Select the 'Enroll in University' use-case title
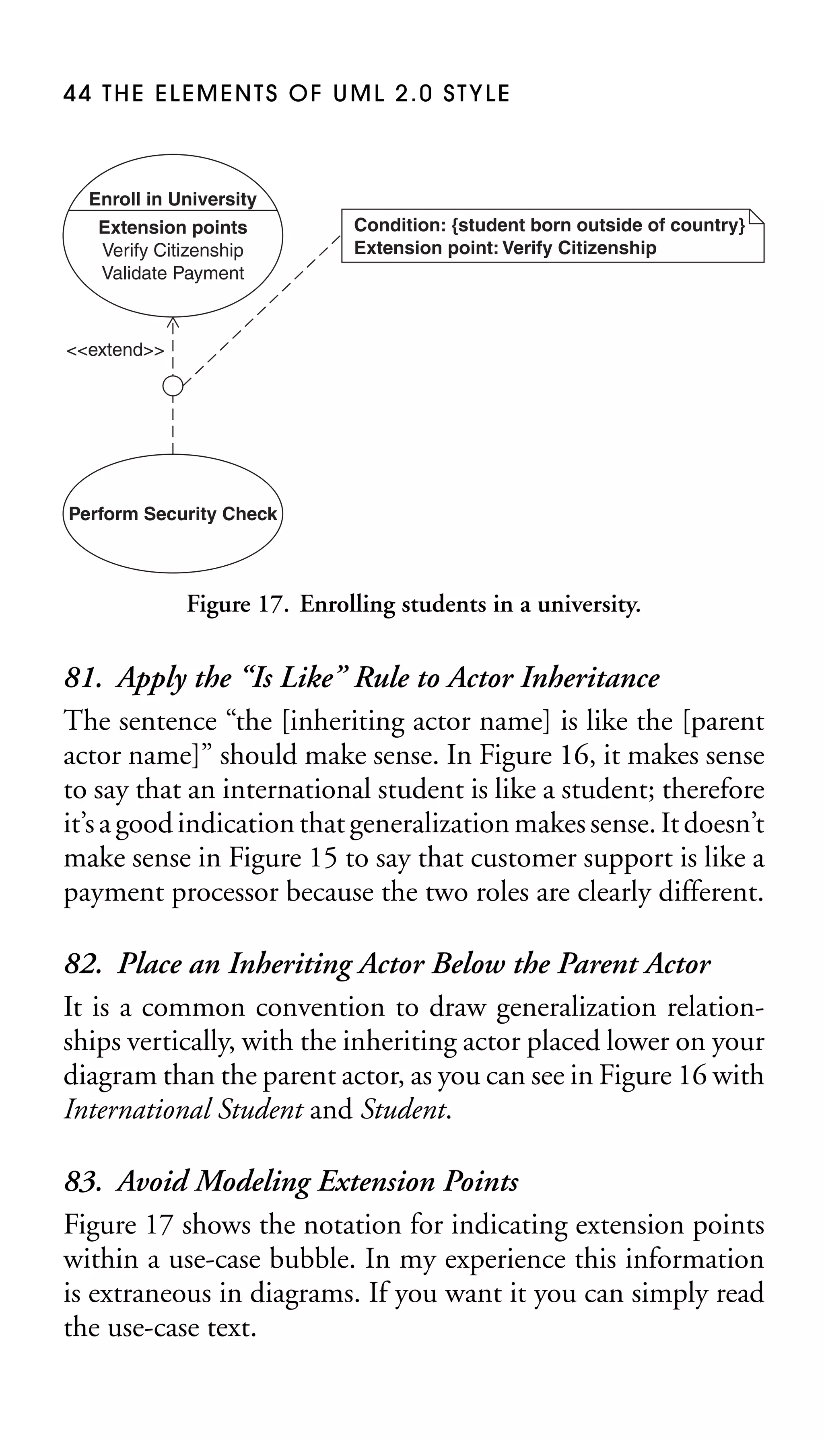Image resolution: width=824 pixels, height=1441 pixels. [173, 199]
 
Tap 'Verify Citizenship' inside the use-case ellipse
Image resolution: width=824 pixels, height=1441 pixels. [173, 250]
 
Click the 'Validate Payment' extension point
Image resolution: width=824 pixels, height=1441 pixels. [173, 273]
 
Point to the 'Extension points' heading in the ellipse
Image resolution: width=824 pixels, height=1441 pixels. [173, 227]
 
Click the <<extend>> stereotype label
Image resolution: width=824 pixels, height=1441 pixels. [115, 350]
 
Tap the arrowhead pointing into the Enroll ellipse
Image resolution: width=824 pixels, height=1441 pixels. [173, 322]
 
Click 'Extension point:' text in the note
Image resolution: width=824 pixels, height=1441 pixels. [426, 248]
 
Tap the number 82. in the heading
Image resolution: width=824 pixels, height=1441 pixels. [82, 964]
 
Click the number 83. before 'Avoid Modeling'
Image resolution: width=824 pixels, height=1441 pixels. [82, 1181]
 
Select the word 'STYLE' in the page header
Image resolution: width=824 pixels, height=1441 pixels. [476, 94]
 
